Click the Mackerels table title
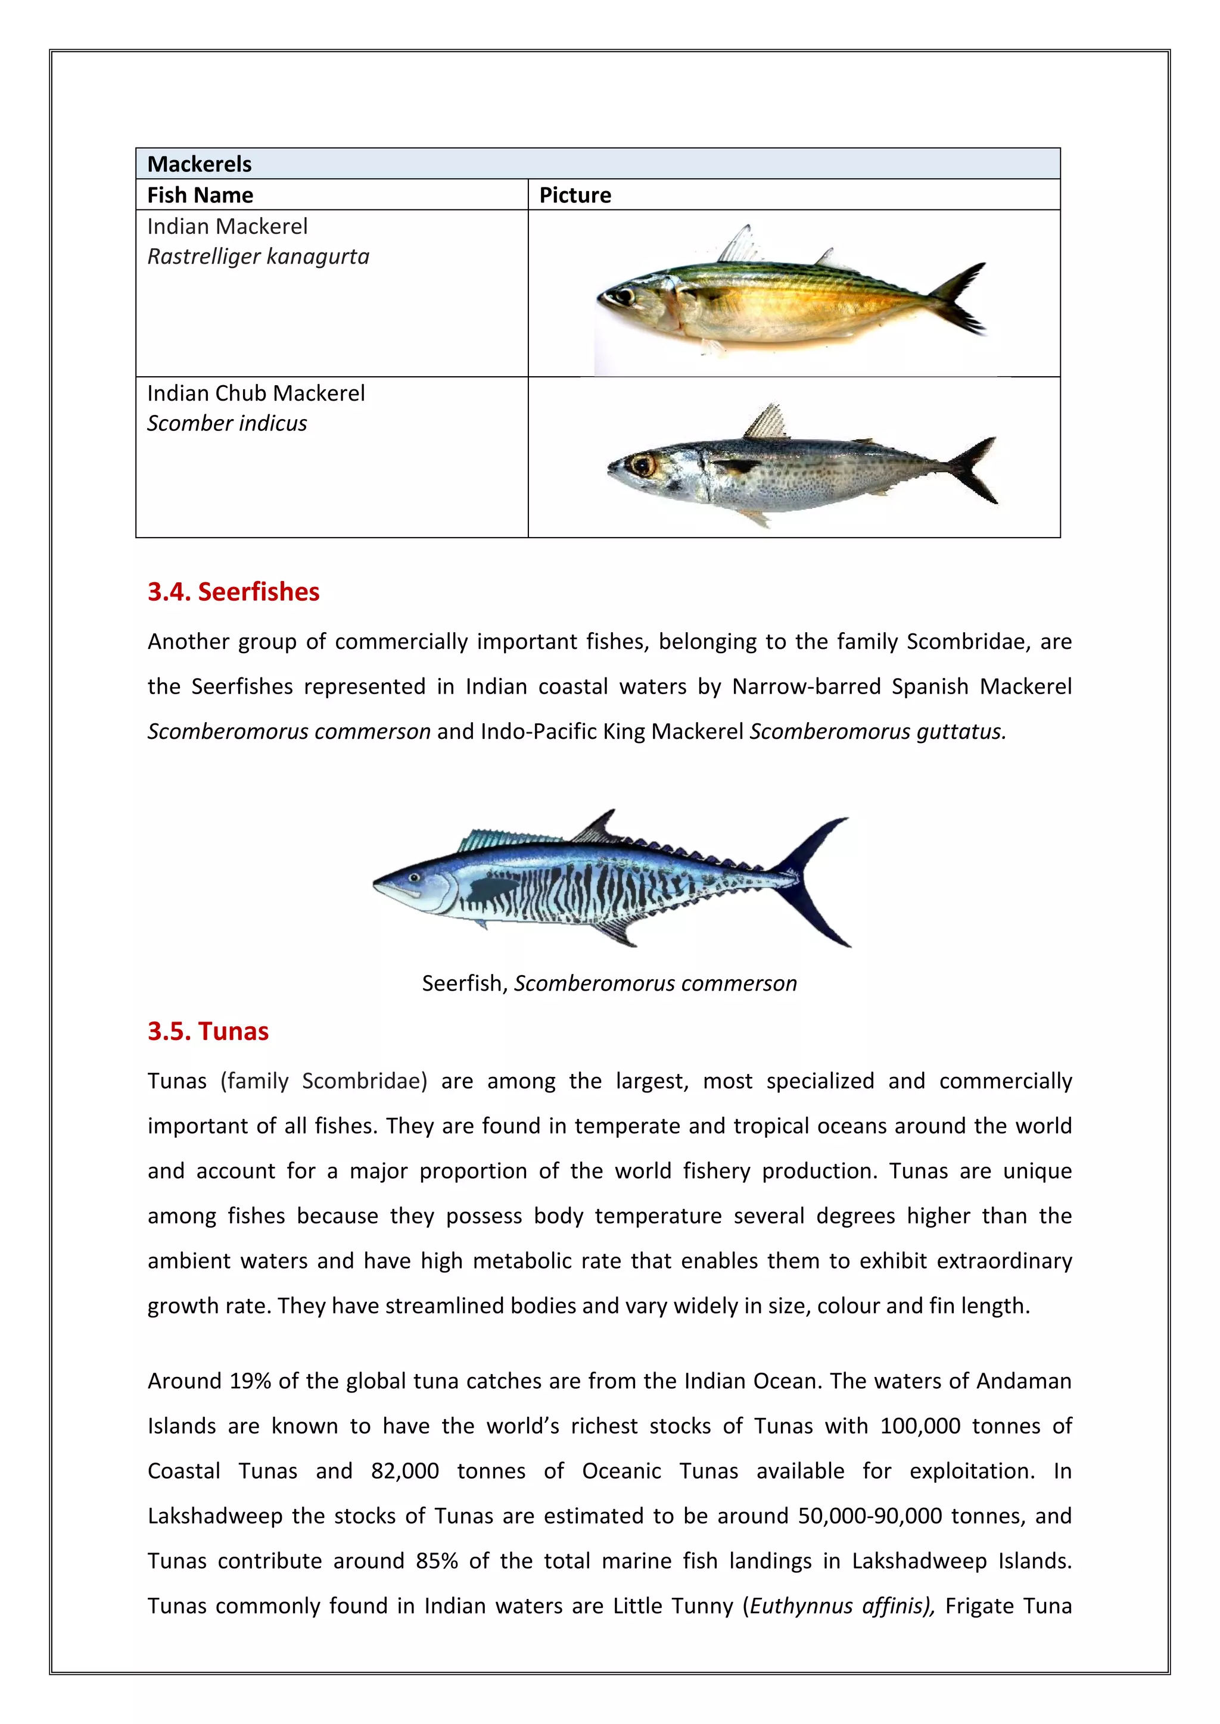click(199, 164)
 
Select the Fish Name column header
click(200, 195)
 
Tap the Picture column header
click(575, 195)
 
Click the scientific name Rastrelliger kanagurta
click(258, 257)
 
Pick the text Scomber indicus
click(227, 423)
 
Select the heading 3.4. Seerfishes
click(233, 592)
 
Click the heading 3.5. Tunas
click(207, 1031)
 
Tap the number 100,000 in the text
click(920, 1426)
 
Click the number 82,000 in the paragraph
click(404, 1471)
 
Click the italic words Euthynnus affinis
click(841, 1606)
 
